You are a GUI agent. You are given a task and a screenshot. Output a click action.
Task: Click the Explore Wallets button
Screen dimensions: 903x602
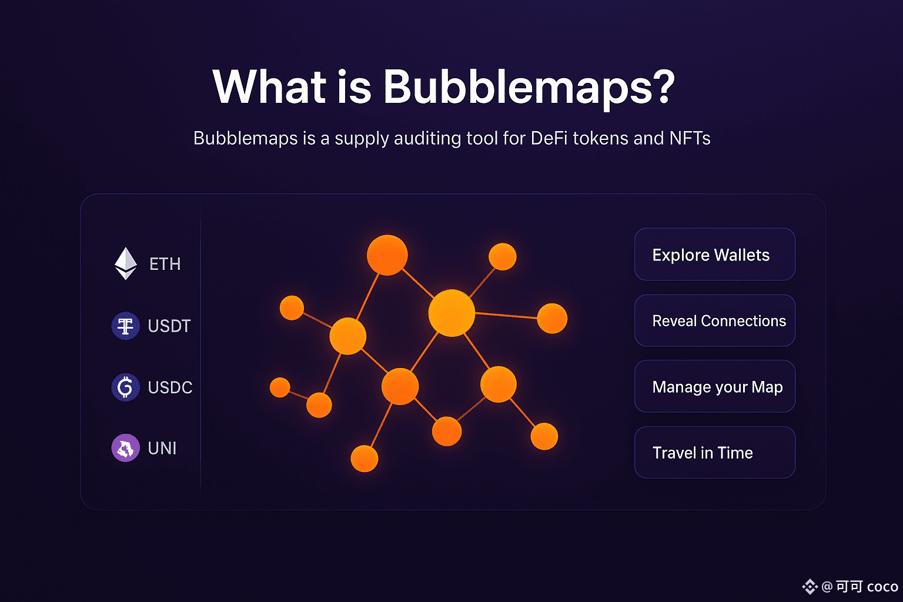(x=715, y=255)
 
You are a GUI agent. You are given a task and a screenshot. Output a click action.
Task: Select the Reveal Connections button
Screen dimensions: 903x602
(x=715, y=320)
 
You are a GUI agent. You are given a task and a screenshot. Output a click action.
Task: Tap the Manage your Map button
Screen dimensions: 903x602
(x=715, y=386)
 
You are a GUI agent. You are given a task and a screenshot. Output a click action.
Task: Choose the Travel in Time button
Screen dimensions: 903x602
(x=715, y=453)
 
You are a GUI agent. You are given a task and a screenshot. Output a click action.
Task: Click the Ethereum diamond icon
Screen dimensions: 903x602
(x=126, y=264)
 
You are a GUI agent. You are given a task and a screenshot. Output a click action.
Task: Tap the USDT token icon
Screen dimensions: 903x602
(x=125, y=326)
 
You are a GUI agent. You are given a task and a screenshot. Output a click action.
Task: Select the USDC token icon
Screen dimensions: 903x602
(x=125, y=387)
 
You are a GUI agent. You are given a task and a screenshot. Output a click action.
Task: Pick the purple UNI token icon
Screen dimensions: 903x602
(x=125, y=448)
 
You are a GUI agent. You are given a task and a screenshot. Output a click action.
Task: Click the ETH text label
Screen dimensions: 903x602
(x=165, y=264)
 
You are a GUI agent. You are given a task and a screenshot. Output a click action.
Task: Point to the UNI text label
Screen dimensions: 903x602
(x=162, y=449)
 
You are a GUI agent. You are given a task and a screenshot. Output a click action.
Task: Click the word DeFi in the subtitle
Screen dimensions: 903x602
(x=549, y=138)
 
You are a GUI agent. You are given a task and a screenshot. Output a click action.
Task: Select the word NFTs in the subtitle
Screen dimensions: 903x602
(x=690, y=138)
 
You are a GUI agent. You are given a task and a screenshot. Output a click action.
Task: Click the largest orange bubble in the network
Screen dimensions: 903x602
(x=451, y=313)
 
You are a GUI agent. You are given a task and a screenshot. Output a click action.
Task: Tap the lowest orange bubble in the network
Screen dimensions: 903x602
(x=364, y=459)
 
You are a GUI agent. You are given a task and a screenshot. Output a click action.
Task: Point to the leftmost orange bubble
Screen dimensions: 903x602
(x=280, y=387)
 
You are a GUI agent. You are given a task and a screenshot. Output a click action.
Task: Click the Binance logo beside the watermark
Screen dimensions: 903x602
(x=810, y=587)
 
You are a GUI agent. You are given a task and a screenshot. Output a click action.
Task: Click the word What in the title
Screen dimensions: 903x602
(x=269, y=86)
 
